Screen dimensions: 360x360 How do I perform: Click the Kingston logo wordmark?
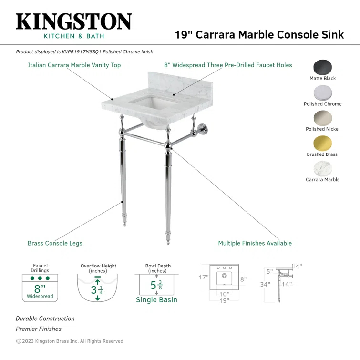[x=74, y=22]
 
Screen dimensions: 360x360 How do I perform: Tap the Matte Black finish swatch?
[x=323, y=67]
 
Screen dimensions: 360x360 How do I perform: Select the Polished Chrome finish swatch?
[x=323, y=93]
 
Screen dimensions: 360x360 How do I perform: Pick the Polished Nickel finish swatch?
[x=323, y=118]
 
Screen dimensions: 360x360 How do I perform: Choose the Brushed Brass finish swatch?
[x=323, y=144]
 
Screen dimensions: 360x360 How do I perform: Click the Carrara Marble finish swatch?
[x=323, y=169]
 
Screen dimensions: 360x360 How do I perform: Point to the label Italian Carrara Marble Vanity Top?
[x=74, y=65]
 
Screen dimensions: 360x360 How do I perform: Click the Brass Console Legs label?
[x=55, y=243]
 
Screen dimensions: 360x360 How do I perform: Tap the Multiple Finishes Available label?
[x=255, y=243]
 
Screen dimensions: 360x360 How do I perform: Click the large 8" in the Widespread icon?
[x=40, y=288]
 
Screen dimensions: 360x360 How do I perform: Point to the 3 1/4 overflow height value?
[x=97, y=289]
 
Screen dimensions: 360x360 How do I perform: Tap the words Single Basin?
[x=156, y=300]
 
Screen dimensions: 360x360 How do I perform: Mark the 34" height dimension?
[x=266, y=285]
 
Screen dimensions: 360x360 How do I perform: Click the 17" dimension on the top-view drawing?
[x=204, y=277]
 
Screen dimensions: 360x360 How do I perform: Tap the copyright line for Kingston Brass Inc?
[x=70, y=341]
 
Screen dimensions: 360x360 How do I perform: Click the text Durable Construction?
[x=45, y=319]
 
